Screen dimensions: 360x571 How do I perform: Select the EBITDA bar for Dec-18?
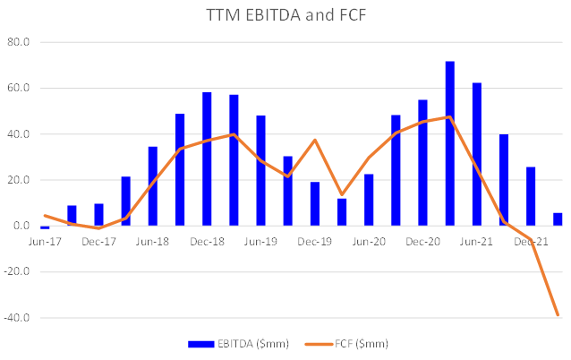coord(207,159)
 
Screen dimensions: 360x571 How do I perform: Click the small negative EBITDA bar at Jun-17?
coord(45,227)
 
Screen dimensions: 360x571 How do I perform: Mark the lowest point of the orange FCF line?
coord(558,315)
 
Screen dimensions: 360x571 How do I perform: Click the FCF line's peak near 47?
coord(449,116)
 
